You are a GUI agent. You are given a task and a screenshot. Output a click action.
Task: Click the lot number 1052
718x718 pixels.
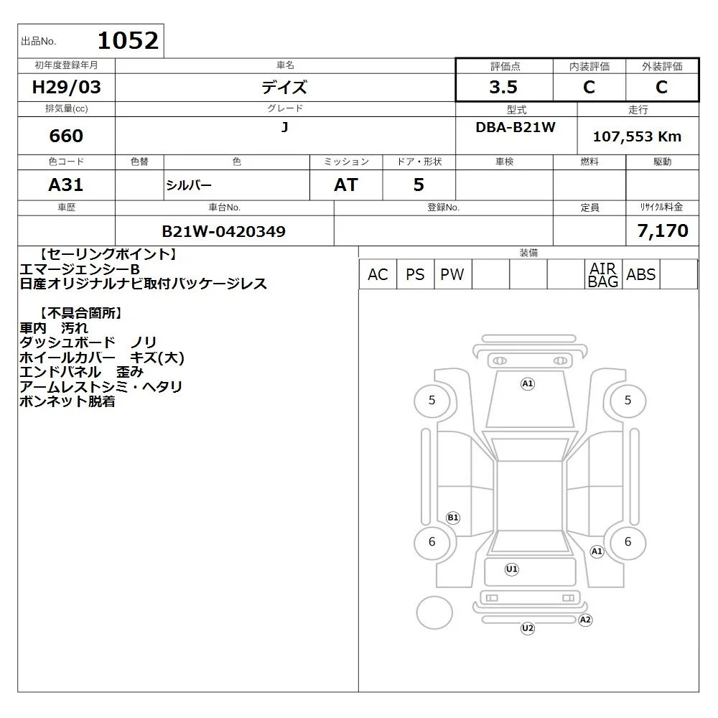click(x=128, y=40)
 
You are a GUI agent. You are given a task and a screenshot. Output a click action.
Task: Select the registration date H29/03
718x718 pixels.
click(x=66, y=87)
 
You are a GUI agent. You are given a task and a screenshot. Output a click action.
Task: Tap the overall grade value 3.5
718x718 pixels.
click(x=503, y=87)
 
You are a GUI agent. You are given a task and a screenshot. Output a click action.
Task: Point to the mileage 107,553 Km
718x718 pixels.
click(x=637, y=136)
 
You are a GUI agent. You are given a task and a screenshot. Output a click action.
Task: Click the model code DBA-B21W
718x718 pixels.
click(x=516, y=127)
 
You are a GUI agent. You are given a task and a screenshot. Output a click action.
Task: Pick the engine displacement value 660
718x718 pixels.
click(x=66, y=136)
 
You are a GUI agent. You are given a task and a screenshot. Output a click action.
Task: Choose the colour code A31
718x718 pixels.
click(x=66, y=185)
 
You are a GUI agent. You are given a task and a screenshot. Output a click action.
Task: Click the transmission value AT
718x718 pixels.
click(x=346, y=185)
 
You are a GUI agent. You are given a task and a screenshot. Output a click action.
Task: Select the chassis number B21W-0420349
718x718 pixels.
click(x=224, y=231)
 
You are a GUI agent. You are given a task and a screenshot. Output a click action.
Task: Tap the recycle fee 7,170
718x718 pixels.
click(x=663, y=230)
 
